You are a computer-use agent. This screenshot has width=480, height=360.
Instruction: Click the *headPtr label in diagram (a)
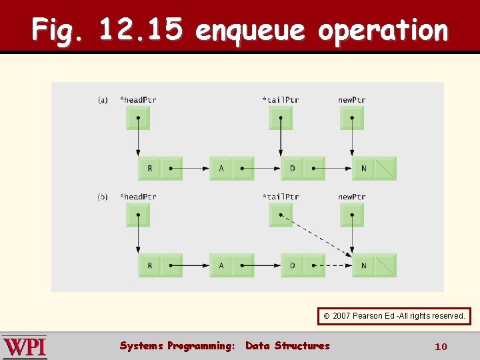pyautogui.click(x=137, y=100)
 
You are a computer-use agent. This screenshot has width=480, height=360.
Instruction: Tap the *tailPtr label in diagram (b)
pyautogui.click(x=280, y=197)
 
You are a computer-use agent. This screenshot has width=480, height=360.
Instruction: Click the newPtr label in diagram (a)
pyautogui.click(x=351, y=100)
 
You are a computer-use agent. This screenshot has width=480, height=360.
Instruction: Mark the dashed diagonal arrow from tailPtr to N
pyautogui.click(x=317, y=235)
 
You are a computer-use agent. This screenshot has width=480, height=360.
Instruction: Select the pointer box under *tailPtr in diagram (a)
pyautogui.click(x=280, y=118)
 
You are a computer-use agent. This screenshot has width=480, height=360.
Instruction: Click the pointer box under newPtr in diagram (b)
pyautogui.click(x=351, y=215)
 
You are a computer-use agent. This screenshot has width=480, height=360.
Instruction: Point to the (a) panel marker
pyautogui.click(x=103, y=100)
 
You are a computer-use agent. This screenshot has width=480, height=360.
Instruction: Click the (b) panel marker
pyautogui.click(x=103, y=197)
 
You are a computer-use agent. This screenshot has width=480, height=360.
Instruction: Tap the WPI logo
pyautogui.click(x=25, y=347)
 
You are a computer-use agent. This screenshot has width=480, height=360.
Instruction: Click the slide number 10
pyautogui.click(x=440, y=347)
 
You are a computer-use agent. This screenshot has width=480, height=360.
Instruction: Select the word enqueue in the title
pyautogui.click(x=251, y=30)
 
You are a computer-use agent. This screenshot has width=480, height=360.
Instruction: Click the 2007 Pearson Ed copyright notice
pyautogui.click(x=394, y=315)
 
